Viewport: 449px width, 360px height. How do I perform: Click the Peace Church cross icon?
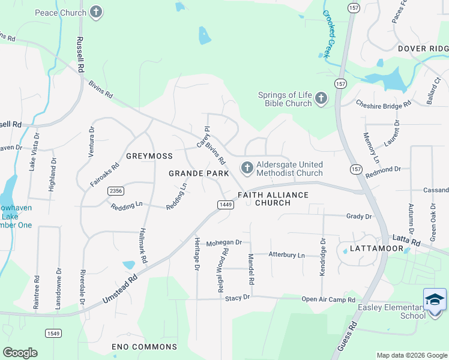(95, 12)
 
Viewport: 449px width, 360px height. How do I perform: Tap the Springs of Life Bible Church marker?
(321, 98)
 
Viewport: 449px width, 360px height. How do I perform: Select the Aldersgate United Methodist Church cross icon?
(246, 168)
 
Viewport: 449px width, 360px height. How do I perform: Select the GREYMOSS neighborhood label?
(149, 156)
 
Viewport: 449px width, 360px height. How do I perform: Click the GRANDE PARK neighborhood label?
(199, 173)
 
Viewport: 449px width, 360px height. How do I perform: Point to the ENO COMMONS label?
(145, 347)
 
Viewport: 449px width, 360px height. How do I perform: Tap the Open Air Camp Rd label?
(328, 299)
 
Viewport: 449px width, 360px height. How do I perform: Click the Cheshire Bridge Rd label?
(383, 104)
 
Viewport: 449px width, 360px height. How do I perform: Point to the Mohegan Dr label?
(223, 243)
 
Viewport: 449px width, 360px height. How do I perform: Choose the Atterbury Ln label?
(286, 255)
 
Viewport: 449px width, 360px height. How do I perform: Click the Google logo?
(20, 353)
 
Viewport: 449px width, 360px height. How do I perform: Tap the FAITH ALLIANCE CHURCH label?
(273, 199)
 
